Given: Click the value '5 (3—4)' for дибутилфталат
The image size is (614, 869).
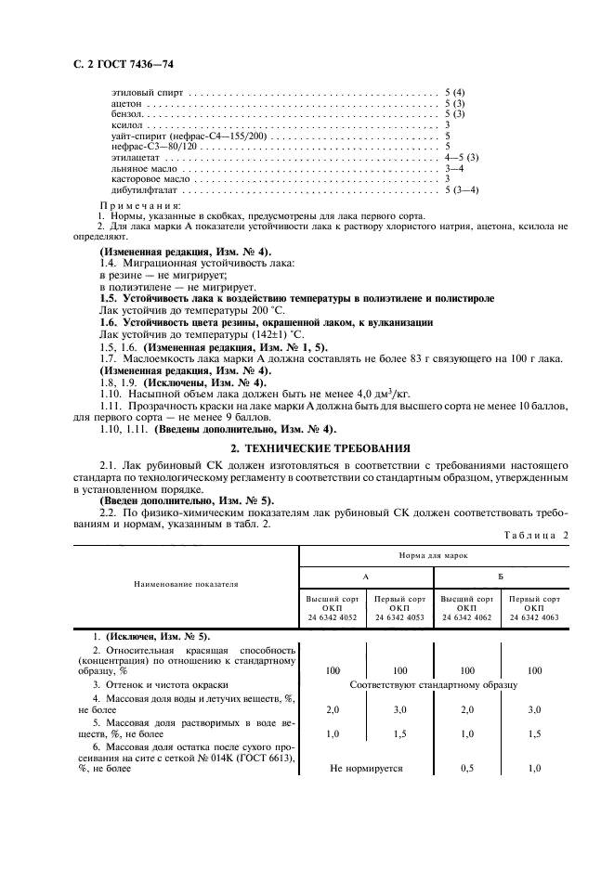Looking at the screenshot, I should coord(462,189).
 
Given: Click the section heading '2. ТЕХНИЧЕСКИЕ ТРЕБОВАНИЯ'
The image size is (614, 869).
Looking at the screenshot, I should coord(307,446).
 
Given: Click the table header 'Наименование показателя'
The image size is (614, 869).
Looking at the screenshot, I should coord(186,585).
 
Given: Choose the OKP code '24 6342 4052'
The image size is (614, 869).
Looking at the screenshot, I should coord(333,616).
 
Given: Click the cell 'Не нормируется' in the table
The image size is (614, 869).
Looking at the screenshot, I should coord(366,768).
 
